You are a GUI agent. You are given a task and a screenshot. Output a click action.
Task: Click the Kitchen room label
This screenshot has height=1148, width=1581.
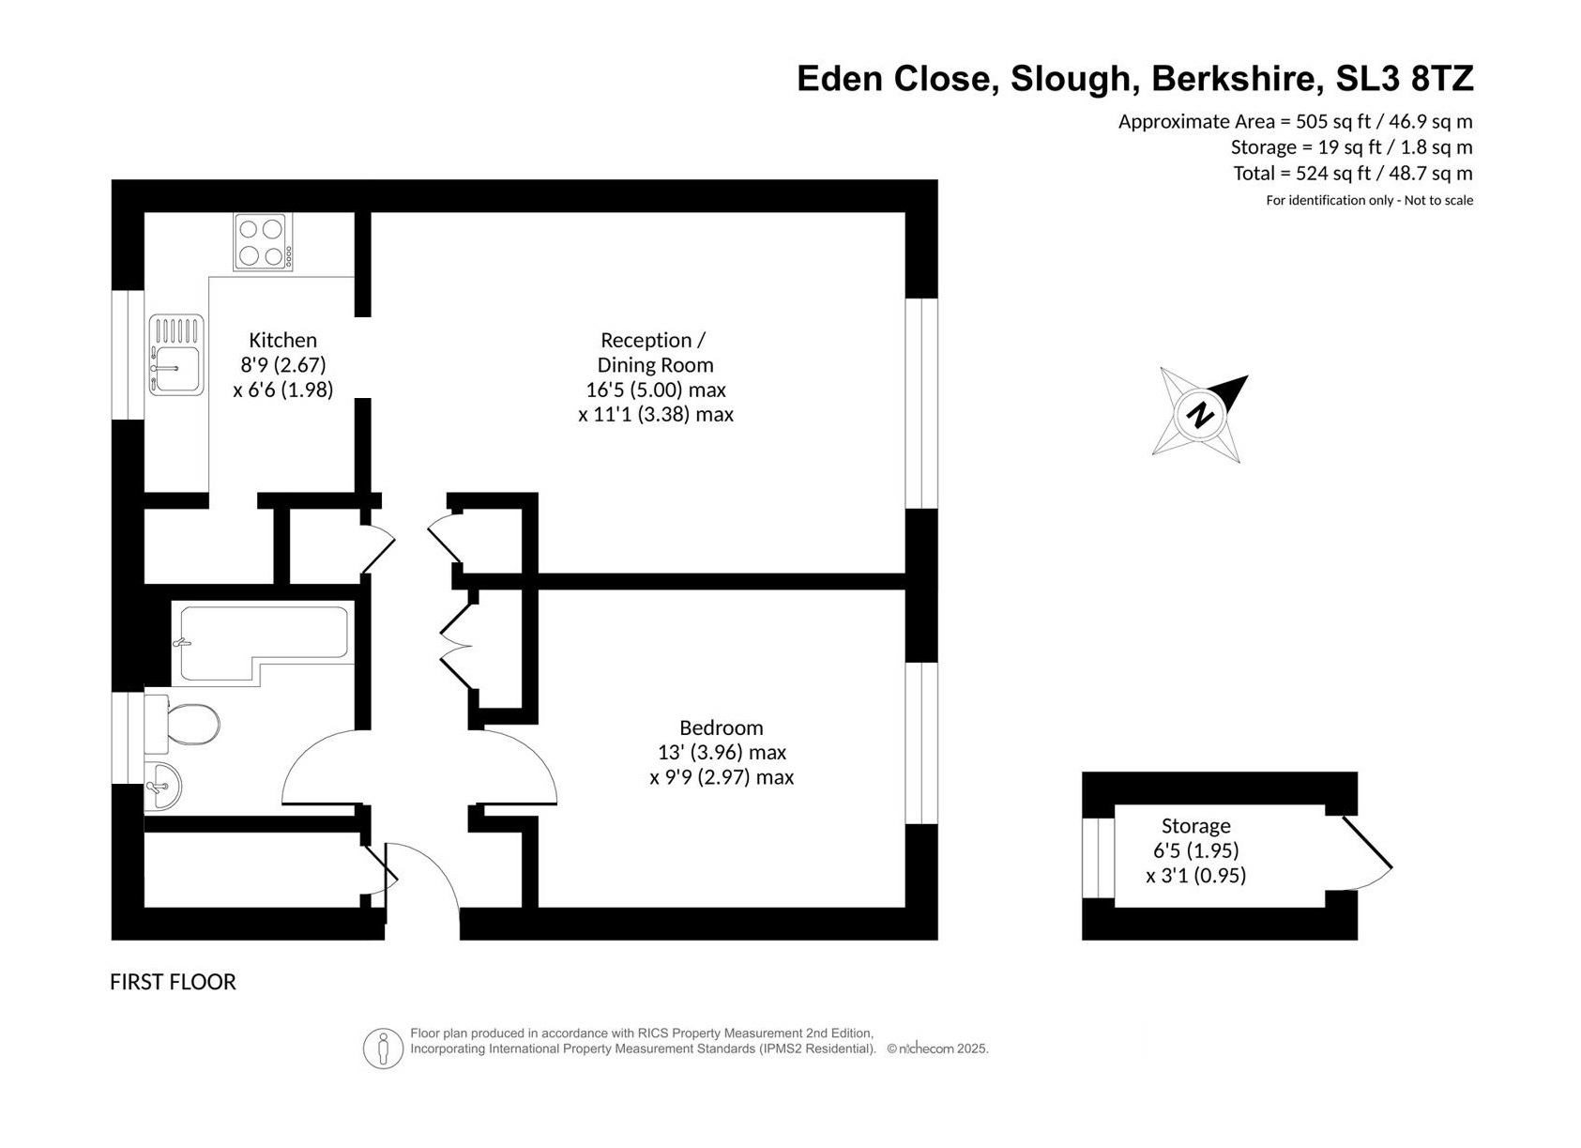pos(282,341)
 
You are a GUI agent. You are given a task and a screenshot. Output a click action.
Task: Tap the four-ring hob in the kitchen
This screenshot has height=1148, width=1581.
pos(264,242)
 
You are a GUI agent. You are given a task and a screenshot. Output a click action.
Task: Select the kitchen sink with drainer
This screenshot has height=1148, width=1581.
pos(176,355)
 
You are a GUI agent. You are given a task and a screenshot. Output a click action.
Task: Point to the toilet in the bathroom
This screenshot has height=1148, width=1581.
pos(182,724)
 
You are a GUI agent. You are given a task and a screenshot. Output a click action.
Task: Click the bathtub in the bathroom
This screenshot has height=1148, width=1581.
pos(264,643)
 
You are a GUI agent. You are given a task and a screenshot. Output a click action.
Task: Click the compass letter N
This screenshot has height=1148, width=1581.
pos(1200,415)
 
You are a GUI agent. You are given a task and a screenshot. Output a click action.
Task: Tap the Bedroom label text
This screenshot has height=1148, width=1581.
pos(722,727)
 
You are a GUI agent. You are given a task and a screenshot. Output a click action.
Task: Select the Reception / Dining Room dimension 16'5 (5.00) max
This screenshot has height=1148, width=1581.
pos(656,390)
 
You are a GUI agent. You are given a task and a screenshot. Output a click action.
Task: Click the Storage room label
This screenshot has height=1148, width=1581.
pos(1195,825)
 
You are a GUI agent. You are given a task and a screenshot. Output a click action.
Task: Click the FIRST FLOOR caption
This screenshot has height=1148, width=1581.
pos(173,982)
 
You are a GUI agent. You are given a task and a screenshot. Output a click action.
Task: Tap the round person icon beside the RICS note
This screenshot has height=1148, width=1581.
pos(383,1049)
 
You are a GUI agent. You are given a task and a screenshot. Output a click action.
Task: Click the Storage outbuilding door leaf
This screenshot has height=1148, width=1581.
pos(1367,842)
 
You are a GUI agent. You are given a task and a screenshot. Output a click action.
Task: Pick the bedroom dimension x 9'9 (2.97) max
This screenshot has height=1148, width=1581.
pos(722,777)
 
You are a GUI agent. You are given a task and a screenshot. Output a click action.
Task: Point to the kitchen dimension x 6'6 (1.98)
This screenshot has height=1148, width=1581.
pos(283,390)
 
